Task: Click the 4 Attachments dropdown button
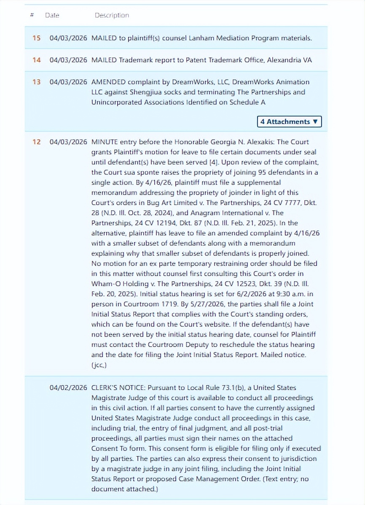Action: point(289,122)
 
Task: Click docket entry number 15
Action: point(37,38)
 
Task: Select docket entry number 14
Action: point(37,60)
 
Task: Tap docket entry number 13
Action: point(37,82)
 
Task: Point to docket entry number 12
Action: point(37,142)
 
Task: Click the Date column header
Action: point(52,15)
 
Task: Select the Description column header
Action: point(112,15)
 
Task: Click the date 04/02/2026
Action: point(68,388)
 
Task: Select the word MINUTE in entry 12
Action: point(105,142)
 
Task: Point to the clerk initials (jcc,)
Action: point(99,365)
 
